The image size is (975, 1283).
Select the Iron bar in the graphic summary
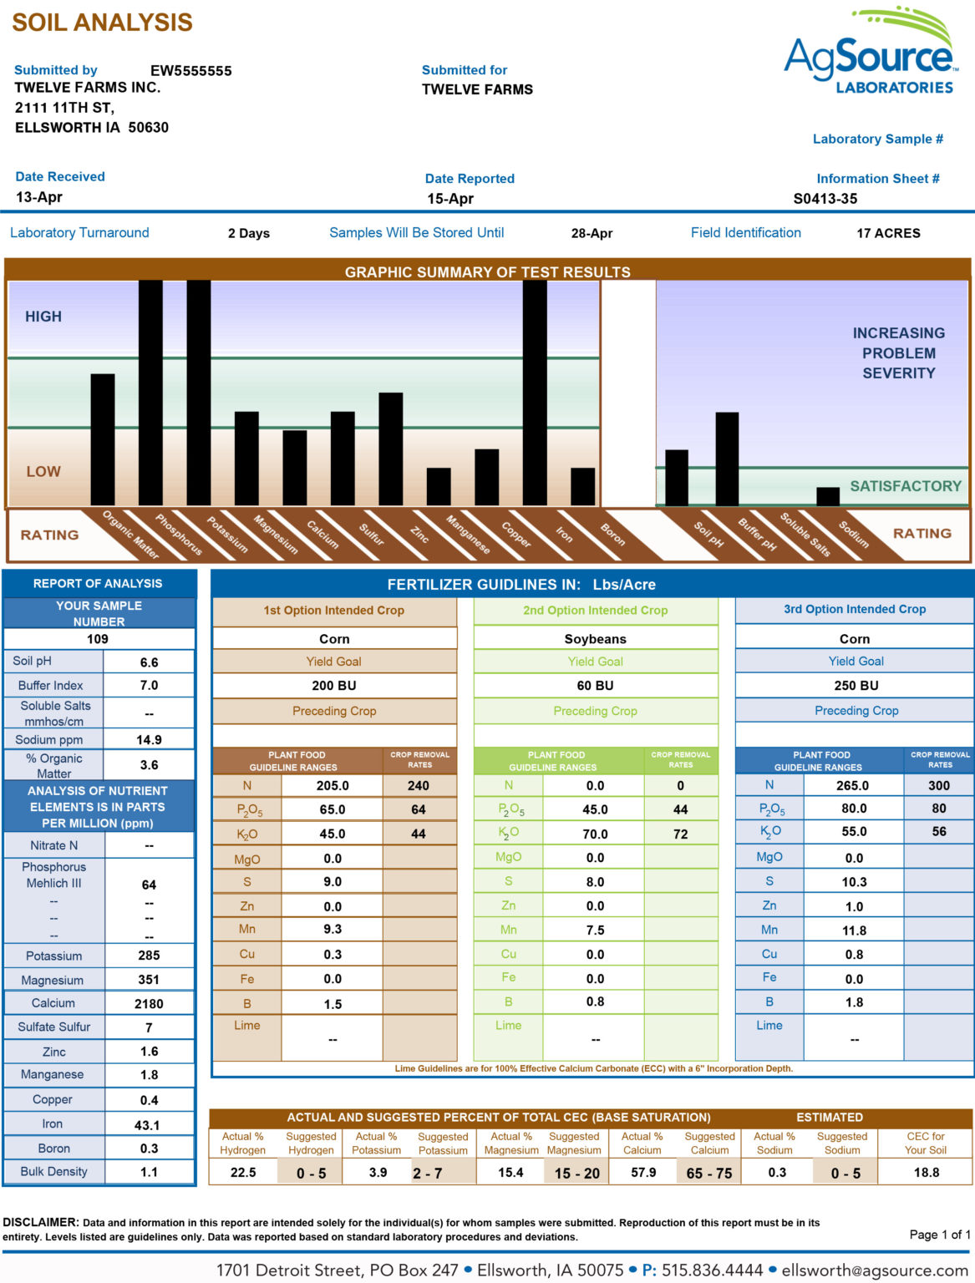point(534,393)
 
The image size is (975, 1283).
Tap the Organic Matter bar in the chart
point(103,439)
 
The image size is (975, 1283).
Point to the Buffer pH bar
point(726,459)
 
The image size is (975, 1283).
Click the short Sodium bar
point(827,496)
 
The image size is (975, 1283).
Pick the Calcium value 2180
point(149,1004)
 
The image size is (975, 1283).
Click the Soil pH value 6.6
point(149,662)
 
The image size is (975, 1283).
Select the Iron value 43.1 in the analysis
point(147,1125)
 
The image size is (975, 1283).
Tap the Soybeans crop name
point(595,639)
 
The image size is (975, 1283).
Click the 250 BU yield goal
point(856,686)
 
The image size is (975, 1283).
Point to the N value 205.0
point(333,786)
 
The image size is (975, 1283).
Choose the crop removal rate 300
point(938,786)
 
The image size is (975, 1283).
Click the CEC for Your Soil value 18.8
point(926,1173)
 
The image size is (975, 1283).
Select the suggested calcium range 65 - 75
point(708,1174)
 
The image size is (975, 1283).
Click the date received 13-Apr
point(39,197)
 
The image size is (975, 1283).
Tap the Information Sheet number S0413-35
point(825,199)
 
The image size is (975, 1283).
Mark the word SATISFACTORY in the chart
point(906,486)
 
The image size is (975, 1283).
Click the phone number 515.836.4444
point(712,1270)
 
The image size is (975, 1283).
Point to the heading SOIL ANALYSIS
point(102,23)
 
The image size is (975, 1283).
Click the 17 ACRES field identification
point(888,234)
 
